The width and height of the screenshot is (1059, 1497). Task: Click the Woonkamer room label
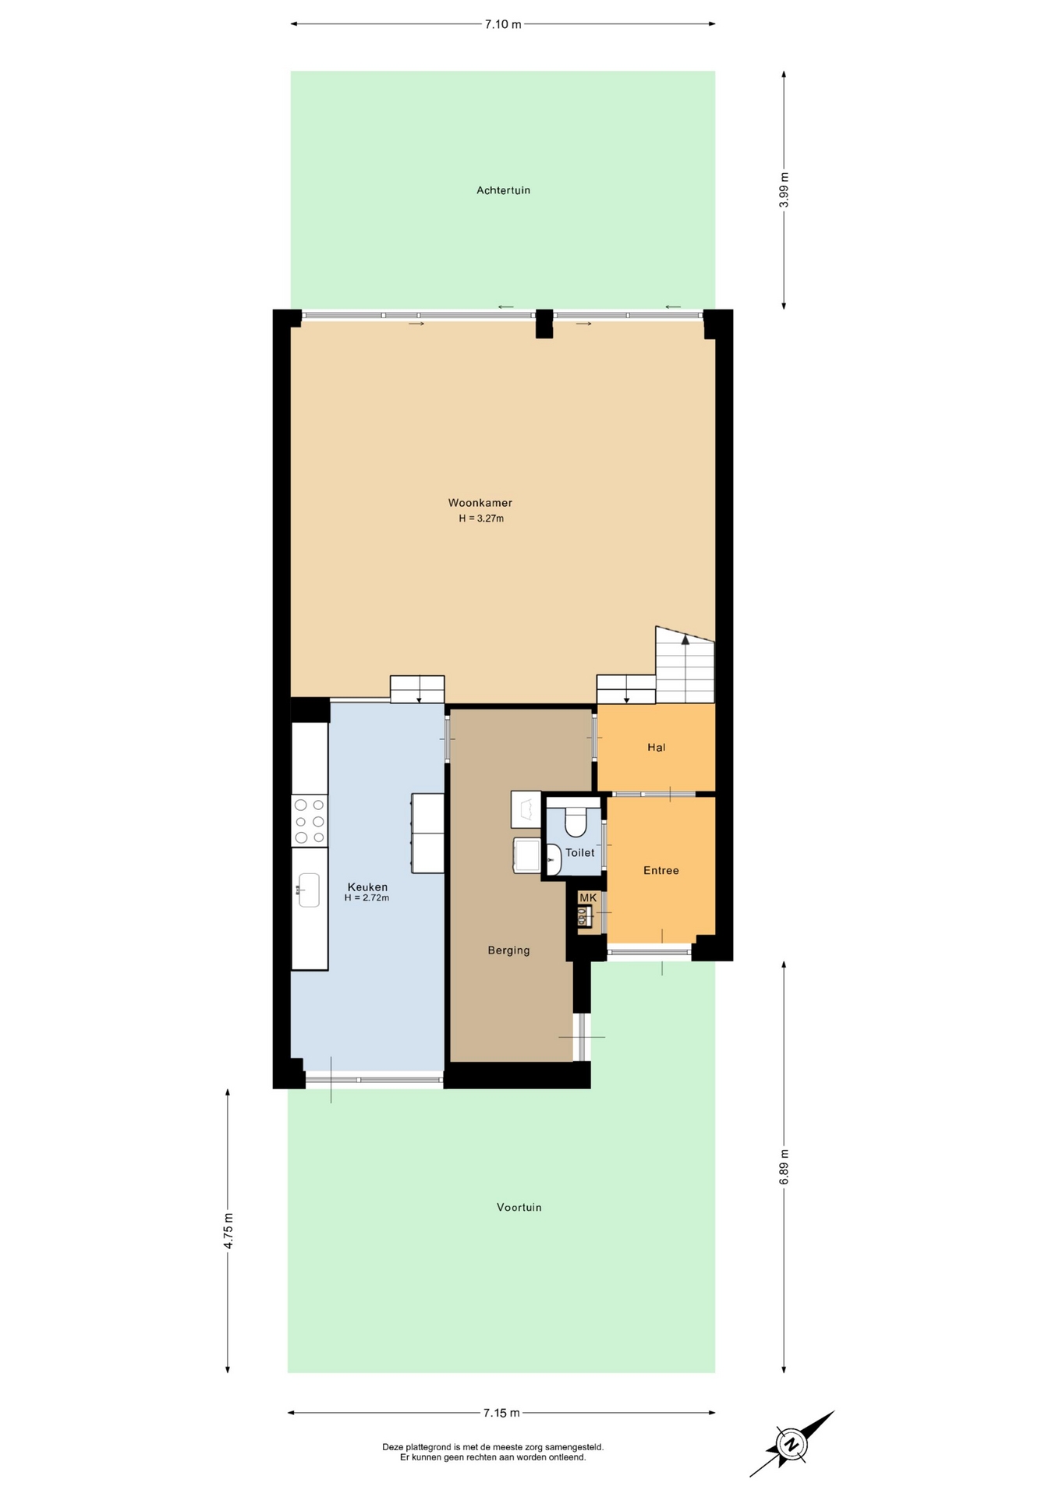click(480, 503)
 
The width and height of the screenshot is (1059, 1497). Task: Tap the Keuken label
click(367, 887)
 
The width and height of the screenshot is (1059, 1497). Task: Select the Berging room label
click(508, 950)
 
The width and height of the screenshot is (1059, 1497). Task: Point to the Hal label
click(656, 747)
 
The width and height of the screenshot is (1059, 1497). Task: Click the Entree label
click(661, 870)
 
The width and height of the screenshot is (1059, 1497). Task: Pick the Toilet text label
click(579, 852)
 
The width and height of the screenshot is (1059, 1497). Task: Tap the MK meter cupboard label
click(587, 897)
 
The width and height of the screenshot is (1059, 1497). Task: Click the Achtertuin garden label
click(503, 190)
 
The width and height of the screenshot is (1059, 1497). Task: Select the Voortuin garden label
click(519, 1207)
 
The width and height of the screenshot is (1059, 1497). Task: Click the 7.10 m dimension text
click(503, 24)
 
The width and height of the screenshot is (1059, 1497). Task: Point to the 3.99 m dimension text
click(784, 189)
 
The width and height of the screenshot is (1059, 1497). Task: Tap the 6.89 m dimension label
click(784, 1167)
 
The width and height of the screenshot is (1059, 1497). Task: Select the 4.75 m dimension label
click(228, 1231)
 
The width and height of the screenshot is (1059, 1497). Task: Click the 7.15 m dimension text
click(501, 1412)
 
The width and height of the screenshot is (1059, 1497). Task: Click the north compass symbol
click(792, 1443)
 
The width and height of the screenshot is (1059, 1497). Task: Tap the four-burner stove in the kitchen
click(310, 821)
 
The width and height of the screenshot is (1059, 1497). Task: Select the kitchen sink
click(309, 890)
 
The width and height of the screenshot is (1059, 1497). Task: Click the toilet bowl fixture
click(576, 823)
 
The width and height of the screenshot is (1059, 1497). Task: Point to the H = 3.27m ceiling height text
click(481, 518)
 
